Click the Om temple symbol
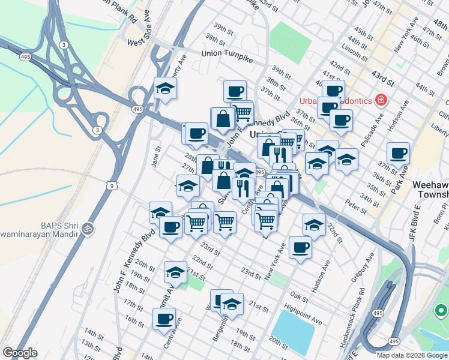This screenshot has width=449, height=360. point(87,228)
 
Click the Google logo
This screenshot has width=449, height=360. point(20,353)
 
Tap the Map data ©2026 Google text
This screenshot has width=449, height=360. point(411,355)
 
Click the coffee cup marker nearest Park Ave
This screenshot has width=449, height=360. point(398,154)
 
